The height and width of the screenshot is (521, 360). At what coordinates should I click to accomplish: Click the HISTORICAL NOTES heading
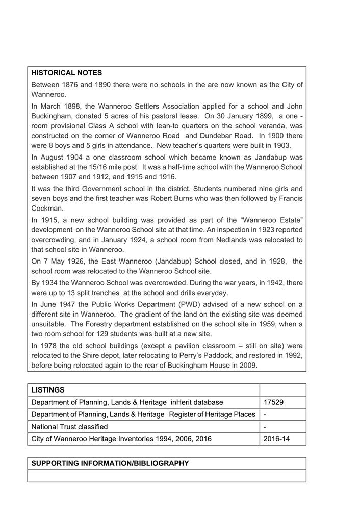(67, 73)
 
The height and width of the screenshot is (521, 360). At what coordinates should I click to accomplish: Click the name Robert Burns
(197, 198)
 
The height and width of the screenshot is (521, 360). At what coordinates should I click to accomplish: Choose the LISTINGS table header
(48, 390)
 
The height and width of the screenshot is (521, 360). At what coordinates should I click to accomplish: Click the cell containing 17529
(273, 402)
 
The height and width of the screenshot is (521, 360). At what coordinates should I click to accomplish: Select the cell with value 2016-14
(276, 439)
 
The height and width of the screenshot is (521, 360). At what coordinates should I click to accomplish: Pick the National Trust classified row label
(69, 427)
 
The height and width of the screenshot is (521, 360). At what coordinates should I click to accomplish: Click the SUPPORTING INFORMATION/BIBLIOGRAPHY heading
(110, 463)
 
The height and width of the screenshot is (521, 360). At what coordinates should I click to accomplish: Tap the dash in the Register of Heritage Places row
(265, 414)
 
